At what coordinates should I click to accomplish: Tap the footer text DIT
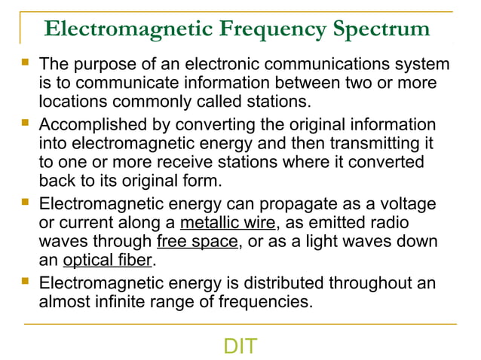(x=240, y=346)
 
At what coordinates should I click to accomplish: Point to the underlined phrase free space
(x=197, y=242)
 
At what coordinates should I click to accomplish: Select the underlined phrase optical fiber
(x=108, y=261)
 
